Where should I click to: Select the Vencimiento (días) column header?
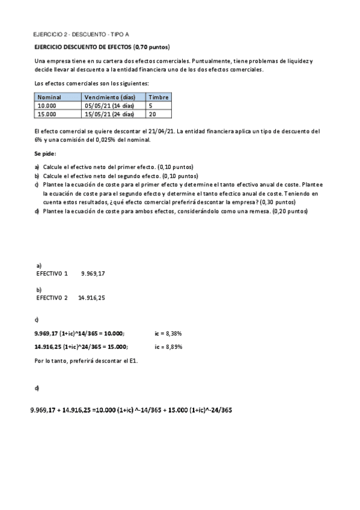[x=109, y=97]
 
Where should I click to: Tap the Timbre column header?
[x=159, y=97]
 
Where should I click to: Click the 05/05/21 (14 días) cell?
[x=109, y=105]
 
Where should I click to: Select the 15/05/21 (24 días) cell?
[x=109, y=113]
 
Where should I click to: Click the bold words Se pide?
[x=46, y=153]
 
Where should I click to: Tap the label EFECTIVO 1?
[x=52, y=274]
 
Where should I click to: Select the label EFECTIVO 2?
[x=52, y=298]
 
